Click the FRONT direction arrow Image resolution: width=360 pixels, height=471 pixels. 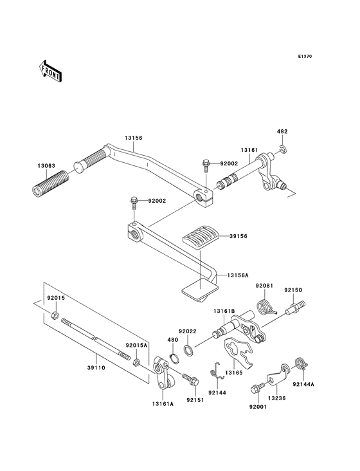click(50, 70)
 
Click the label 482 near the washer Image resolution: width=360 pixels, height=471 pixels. click(282, 131)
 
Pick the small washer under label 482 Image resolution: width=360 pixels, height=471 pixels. click(283, 151)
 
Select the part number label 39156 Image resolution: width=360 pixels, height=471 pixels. click(239, 236)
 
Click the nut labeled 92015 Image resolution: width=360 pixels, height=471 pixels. click(55, 316)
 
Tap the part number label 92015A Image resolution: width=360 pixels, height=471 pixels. click(136, 345)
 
